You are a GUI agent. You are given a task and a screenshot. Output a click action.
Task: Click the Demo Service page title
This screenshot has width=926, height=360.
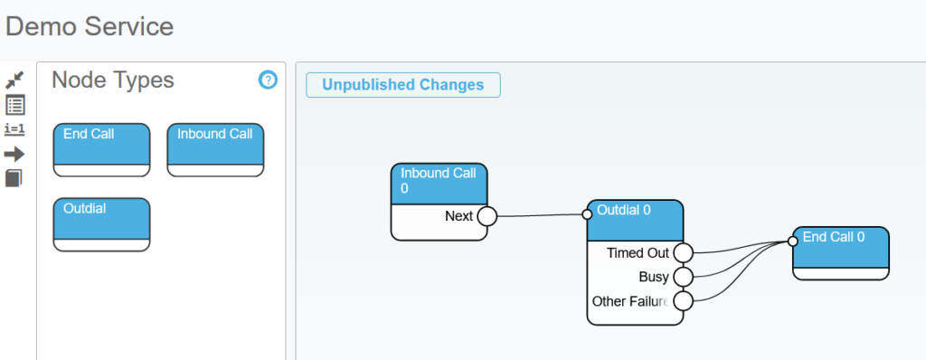click(x=90, y=26)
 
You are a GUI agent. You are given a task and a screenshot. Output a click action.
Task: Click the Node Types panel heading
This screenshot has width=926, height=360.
click(x=113, y=80)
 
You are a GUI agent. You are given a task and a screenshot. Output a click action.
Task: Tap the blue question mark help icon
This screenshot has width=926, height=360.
click(x=268, y=80)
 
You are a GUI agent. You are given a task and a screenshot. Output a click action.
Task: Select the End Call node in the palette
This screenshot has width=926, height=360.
click(x=101, y=149)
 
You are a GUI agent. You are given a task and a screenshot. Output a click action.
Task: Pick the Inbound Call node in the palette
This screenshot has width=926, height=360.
click(x=215, y=149)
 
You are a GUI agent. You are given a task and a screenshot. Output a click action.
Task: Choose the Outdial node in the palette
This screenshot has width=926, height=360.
click(x=101, y=224)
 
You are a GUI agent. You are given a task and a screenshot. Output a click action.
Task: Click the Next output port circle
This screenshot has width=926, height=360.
click(x=487, y=216)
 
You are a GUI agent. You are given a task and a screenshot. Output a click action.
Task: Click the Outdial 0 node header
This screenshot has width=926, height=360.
click(x=635, y=221)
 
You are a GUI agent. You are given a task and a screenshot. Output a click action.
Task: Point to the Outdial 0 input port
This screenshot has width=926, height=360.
click(x=587, y=214)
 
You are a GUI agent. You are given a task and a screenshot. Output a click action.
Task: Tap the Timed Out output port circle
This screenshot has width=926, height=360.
click(x=683, y=253)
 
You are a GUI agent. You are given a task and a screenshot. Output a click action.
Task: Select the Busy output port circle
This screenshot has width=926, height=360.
click(x=683, y=277)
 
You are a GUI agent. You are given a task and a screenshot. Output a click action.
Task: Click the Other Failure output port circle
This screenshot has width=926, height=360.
click(x=683, y=301)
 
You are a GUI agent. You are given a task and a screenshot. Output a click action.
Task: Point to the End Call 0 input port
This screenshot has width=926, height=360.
click(x=792, y=242)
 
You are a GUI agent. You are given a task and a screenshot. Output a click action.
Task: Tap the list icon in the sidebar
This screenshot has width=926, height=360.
click(x=14, y=105)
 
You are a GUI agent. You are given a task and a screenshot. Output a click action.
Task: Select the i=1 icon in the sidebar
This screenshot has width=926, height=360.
click(x=14, y=129)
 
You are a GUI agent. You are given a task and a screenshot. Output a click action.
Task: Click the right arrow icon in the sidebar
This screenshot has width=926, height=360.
click(x=14, y=155)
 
